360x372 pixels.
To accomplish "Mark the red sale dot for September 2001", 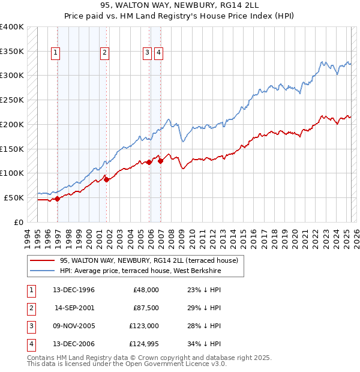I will point(106,179).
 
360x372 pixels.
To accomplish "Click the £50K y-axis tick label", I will point(14,197).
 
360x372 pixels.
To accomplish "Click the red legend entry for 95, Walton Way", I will point(149,260).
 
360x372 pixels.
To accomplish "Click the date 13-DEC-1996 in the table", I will point(74,290).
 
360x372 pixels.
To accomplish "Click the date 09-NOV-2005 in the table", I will point(74,326).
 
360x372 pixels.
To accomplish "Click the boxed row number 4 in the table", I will point(30,344).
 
